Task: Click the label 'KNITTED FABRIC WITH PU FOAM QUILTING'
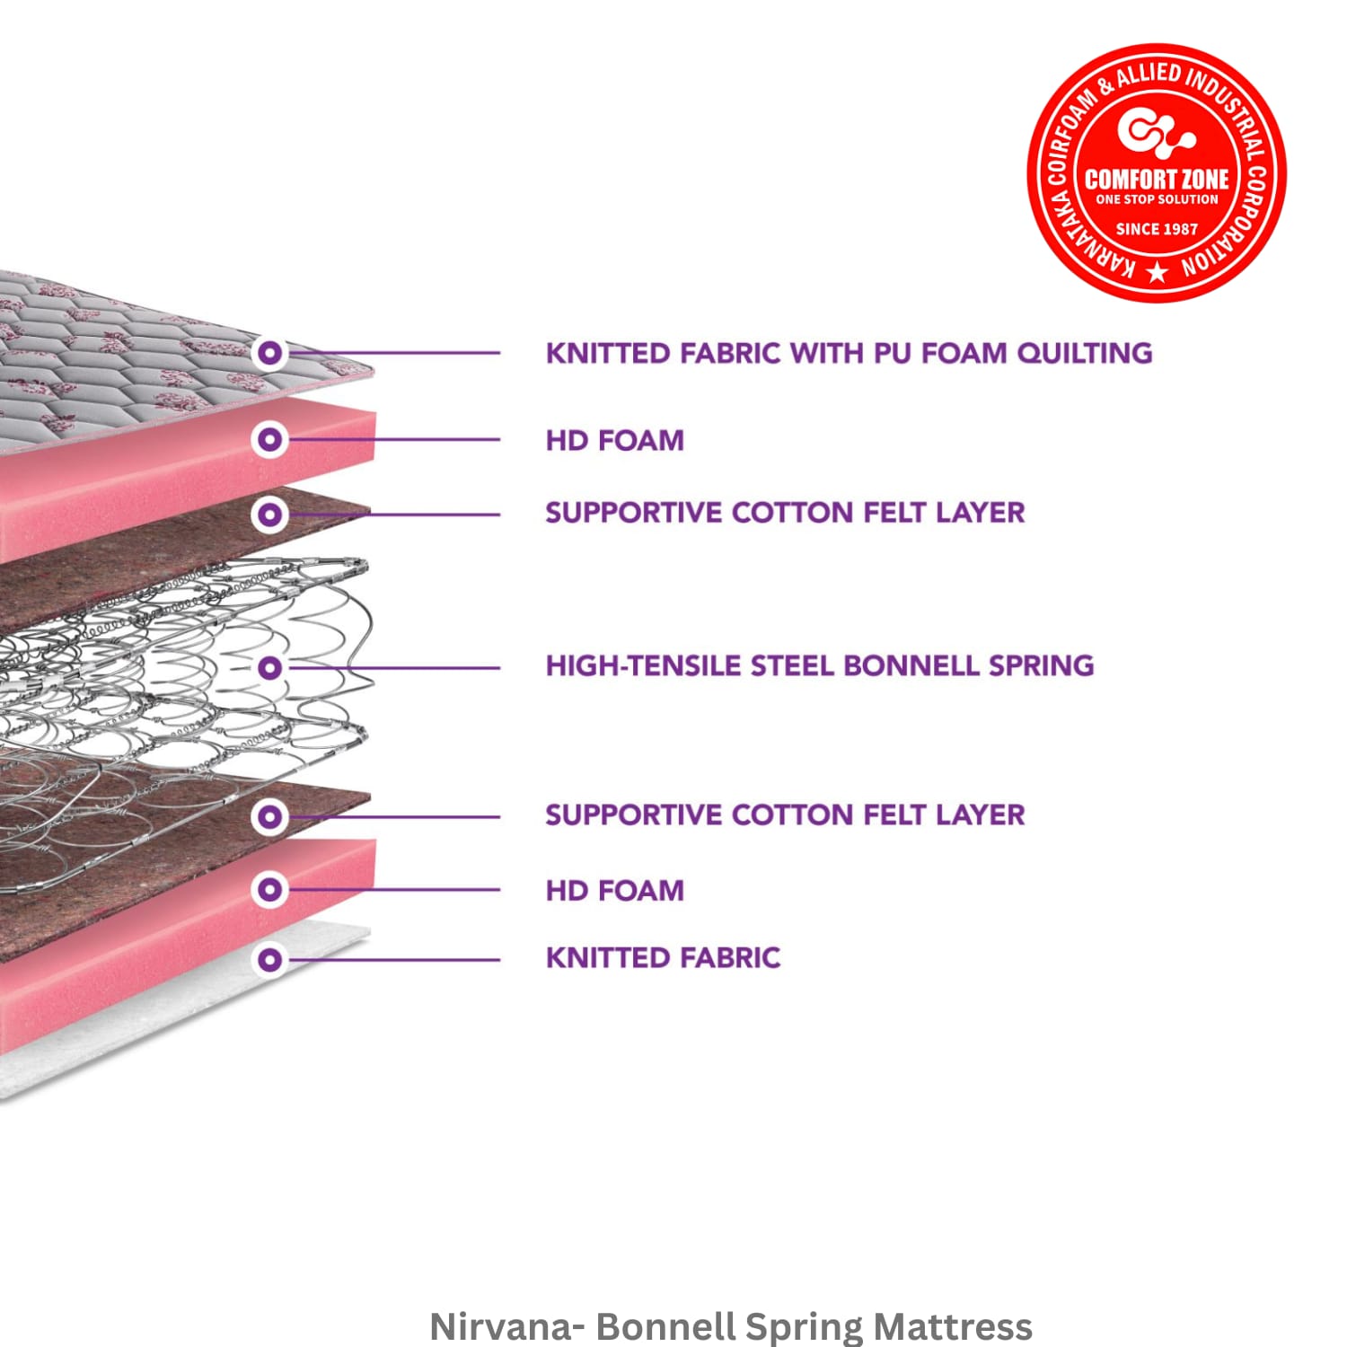pos(849,353)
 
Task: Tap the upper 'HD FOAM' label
pos(615,440)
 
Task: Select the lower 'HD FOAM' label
pos(615,890)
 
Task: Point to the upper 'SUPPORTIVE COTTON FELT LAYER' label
pos(785,513)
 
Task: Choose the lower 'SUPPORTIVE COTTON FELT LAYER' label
pos(785,815)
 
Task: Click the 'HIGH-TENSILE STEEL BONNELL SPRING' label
pos(820,665)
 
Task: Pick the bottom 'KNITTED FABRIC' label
pos(663,958)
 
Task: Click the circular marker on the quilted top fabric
pos(269,353)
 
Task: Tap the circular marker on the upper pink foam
pos(269,439)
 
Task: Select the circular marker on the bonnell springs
pos(269,667)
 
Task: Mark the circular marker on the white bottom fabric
pos(269,959)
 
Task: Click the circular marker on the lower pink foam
pos(269,889)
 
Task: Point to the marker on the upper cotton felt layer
pos(269,515)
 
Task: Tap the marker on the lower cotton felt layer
pos(269,816)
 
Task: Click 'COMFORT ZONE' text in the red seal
pos(1157,179)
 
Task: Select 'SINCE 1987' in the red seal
pos(1157,229)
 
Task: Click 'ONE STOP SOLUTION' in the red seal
pos(1157,199)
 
